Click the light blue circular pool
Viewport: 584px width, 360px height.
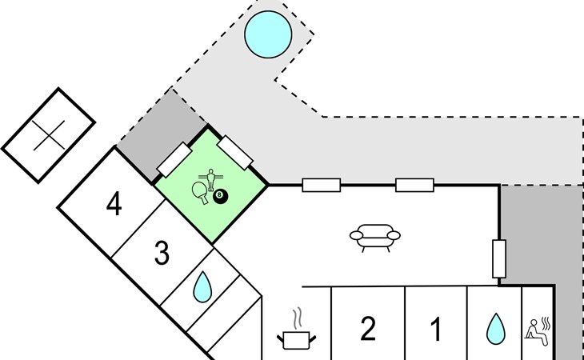click(x=267, y=34)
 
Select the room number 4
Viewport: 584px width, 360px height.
click(x=114, y=206)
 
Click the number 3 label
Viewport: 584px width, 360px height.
click(x=162, y=254)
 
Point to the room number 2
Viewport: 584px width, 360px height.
click(x=367, y=327)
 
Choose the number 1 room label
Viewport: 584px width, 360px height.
click(x=436, y=327)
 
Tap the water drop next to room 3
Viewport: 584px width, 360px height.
click(x=203, y=286)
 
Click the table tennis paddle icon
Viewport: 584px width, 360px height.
click(x=201, y=190)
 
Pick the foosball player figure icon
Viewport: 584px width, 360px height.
click(x=213, y=177)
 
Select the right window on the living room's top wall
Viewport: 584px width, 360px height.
click(x=414, y=186)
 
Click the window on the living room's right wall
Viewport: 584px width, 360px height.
click(x=499, y=258)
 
